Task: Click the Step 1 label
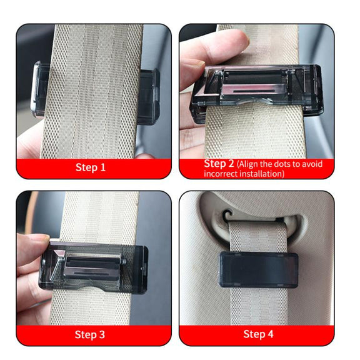click(x=91, y=167)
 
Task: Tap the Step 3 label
click(x=90, y=334)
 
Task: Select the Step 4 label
click(x=258, y=334)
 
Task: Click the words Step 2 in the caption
click(x=219, y=164)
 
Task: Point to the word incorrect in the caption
click(x=221, y=174)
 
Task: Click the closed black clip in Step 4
click(x=259, y=269)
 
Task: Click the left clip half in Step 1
click(x=39, y=89)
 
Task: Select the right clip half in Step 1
click(x=149, y=96)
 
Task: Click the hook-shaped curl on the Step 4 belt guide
click(x=227, y=214)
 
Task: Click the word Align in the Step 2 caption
click(x=249, y=164)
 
